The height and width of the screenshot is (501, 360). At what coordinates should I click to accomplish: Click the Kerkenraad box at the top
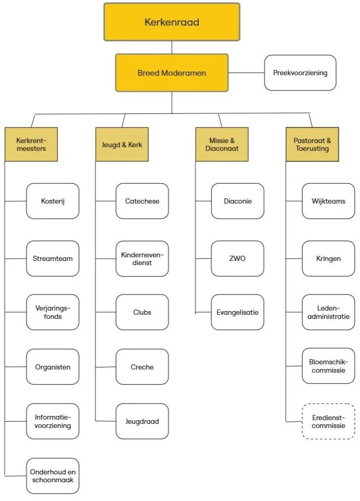[172, 22]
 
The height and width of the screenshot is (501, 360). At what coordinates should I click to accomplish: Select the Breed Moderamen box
[172, 73]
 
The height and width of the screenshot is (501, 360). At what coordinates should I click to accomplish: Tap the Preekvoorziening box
[300, 73]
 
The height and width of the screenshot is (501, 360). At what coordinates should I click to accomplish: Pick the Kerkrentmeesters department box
[31, 144]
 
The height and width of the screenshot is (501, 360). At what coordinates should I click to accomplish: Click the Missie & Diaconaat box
[222, 144]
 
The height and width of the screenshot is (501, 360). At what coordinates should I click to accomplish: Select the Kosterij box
[53, 201]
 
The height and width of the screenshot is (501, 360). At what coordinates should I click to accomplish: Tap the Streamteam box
[53, 258]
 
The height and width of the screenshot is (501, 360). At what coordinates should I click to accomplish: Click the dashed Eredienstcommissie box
[328, 421]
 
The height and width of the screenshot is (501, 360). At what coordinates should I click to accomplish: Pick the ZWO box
[237, 258]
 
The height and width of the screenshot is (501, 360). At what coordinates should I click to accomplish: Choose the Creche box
[142, 367]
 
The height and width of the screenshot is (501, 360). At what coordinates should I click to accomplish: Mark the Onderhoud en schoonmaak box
[53, 475]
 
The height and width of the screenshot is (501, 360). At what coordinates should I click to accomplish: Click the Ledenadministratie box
[328, 312]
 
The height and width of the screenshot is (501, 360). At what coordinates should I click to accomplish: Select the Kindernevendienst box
[142, 258]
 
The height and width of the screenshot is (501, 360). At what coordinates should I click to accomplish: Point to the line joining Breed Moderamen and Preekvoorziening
[246, 73]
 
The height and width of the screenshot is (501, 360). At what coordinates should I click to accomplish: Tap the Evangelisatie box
[237, 312]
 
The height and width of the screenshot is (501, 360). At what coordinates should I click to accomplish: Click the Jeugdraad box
[142, 421]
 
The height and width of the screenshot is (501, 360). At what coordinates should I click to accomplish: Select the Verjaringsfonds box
[53, 312]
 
